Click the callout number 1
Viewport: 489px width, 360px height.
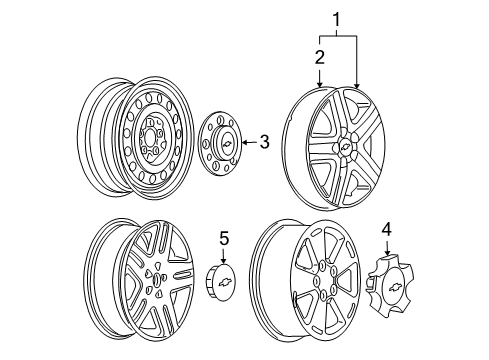(337, 17)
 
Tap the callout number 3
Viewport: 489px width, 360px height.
(264, 142)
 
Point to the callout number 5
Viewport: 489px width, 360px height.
(225, 265)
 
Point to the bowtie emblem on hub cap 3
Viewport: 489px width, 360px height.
(229, 146)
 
